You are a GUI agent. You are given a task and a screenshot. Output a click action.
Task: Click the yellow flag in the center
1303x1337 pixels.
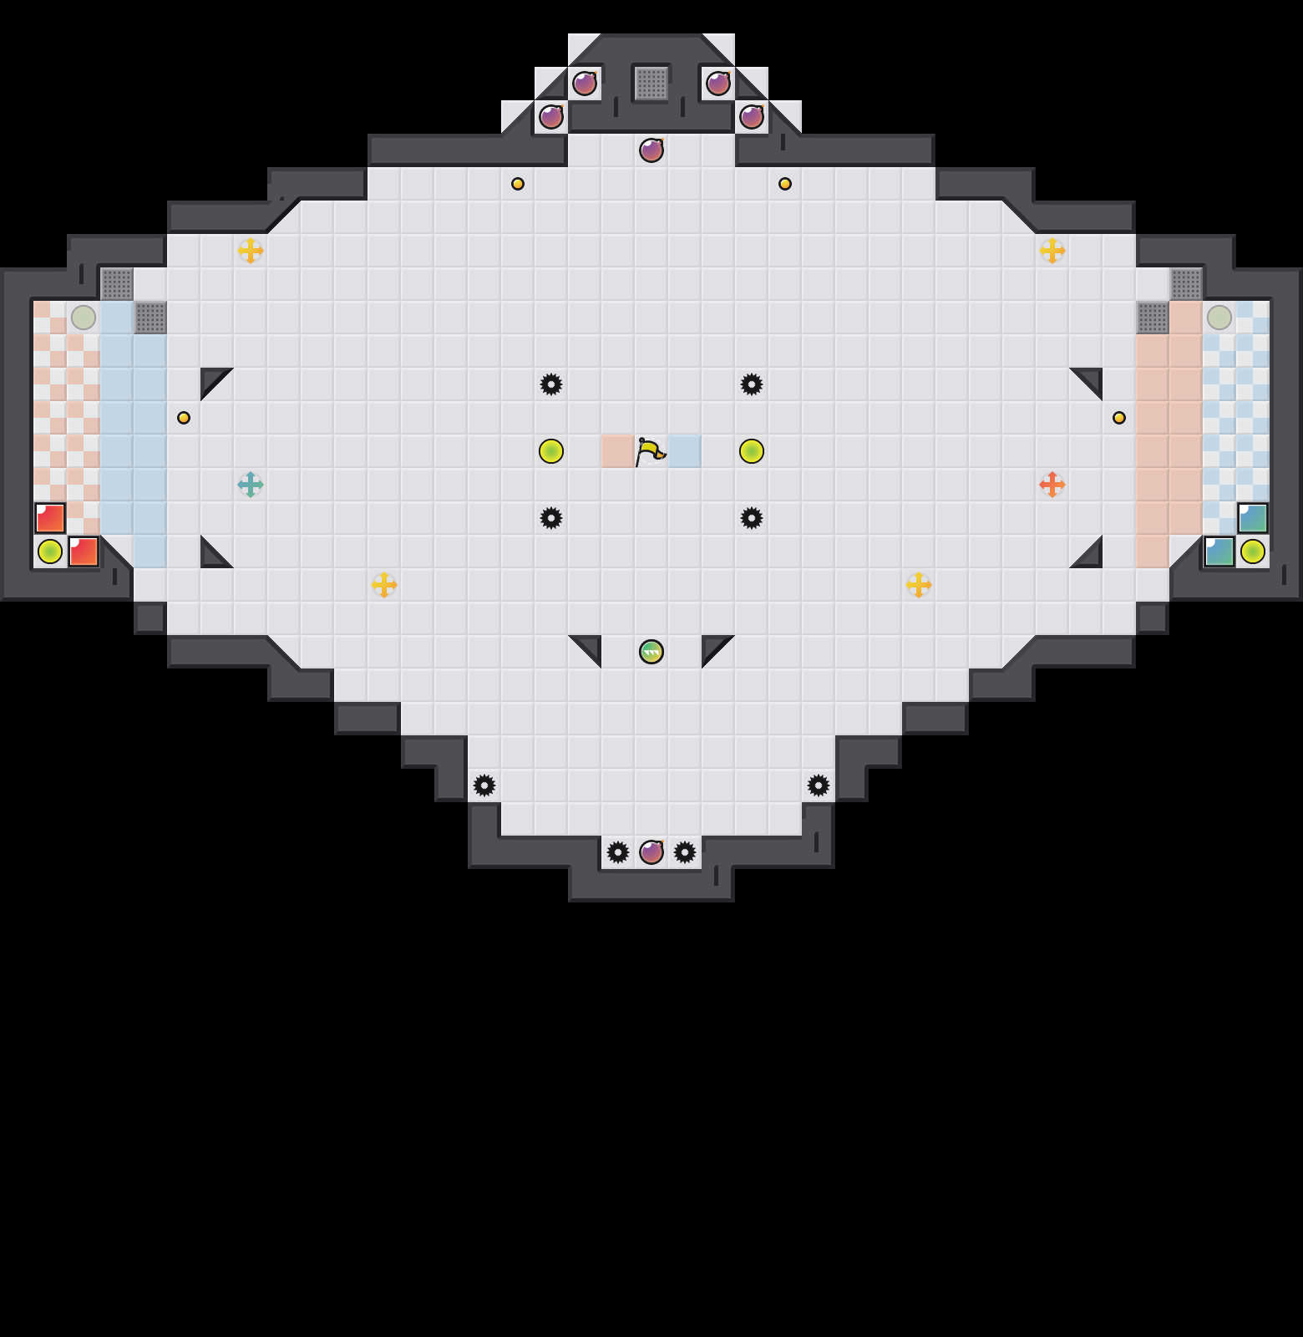click(650, 451)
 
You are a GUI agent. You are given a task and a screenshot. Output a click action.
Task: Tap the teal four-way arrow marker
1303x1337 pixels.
click(251, 485)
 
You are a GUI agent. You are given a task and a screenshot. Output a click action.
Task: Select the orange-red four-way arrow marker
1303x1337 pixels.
click(1052, 485)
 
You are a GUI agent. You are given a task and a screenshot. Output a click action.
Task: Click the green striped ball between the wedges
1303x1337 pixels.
click(651, 652)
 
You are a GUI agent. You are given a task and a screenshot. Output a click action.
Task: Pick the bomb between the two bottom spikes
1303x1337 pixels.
click(651, 852)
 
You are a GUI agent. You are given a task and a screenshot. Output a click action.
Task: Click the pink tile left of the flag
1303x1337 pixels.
click(618, 451)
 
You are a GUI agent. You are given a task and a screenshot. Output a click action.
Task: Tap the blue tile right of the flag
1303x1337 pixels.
click(685, 451)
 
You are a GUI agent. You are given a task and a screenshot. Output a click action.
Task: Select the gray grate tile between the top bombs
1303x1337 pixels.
click(651, 84)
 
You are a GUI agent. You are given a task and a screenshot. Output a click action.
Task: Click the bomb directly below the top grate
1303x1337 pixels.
click(651, 150)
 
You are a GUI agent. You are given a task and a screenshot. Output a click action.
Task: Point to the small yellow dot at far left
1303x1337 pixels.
click(184, 418)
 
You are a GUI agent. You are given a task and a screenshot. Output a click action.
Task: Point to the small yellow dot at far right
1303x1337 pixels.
click(1119, 418)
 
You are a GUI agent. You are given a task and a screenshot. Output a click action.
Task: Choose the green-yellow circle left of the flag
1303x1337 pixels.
click(551, 451)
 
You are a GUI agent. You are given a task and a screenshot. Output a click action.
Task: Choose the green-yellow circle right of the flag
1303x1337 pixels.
click(752, 451)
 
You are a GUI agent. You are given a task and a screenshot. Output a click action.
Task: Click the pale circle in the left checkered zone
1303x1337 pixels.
click(84, 318)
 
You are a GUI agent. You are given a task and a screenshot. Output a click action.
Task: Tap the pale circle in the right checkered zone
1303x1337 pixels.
click(1219, 318)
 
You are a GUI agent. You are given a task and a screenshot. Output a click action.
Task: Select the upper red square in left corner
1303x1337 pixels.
click(50, 518)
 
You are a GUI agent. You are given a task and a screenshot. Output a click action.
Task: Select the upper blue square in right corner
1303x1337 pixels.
click(1253, 518)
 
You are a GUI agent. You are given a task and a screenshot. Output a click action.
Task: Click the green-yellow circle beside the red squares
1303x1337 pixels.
click(50, 552)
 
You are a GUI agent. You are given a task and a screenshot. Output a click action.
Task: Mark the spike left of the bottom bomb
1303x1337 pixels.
click(618, 852)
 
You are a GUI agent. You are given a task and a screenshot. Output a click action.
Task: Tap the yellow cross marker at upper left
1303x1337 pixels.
click(251, 251)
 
